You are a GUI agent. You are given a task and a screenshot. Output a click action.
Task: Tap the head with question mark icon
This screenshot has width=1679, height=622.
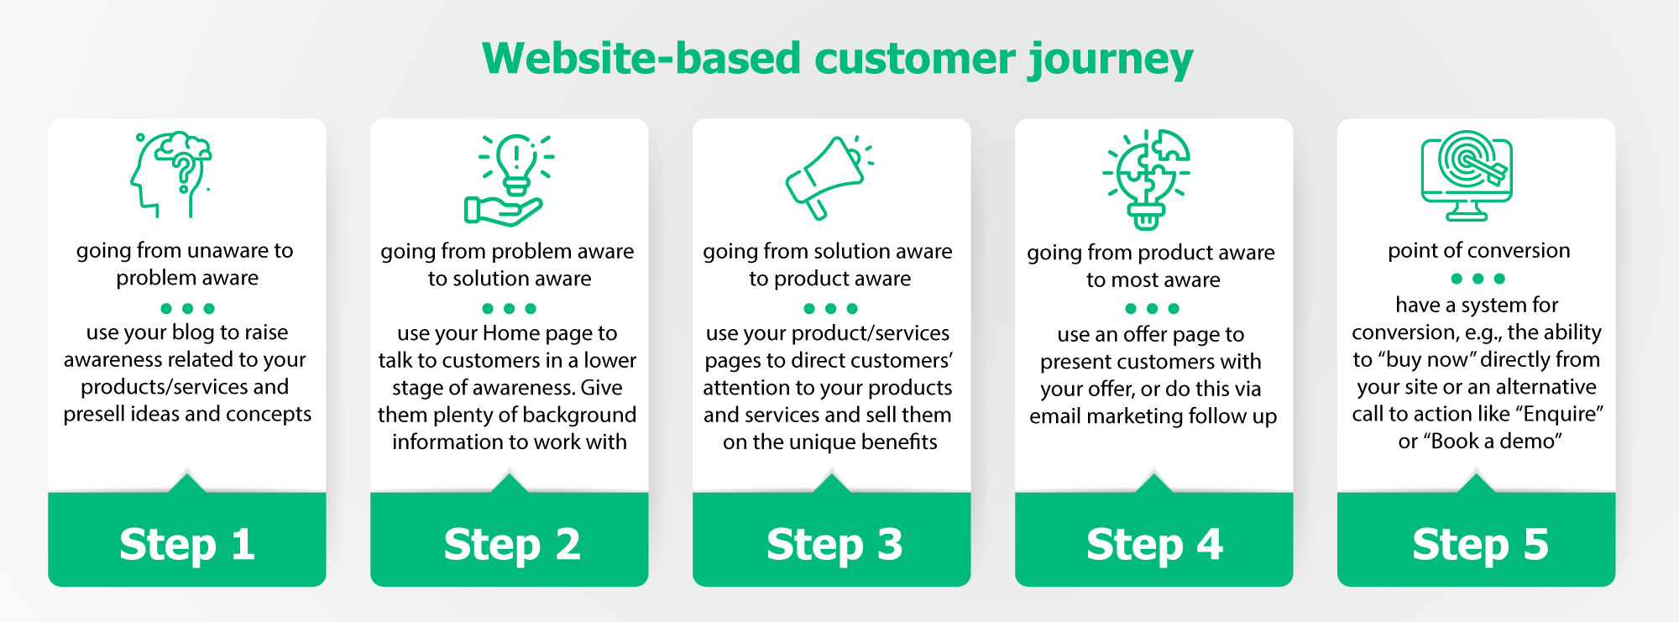(172, 173)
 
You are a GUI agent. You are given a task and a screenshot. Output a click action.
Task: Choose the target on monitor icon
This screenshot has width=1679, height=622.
(1467, 175)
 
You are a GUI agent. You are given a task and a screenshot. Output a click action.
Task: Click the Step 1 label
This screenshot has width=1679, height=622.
(187, 544)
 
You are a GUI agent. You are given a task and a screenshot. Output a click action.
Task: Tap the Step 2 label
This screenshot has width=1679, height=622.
(512, 544)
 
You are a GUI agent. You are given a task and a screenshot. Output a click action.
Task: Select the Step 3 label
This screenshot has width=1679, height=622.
(834, 544)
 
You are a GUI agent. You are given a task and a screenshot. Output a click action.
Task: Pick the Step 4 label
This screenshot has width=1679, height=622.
(1154, 544)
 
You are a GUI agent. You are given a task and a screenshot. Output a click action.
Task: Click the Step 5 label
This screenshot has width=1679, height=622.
(1480, 544)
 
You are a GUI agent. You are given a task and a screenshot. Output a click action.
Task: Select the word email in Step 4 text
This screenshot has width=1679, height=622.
(1055, 416)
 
